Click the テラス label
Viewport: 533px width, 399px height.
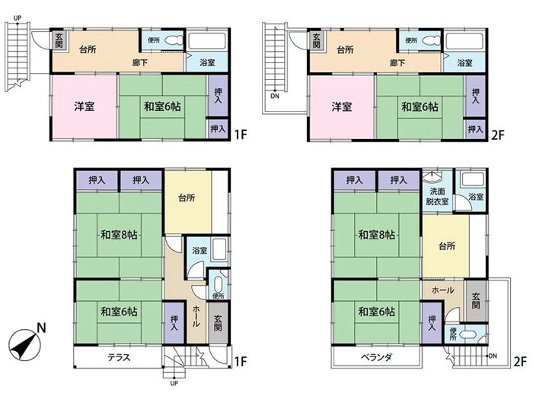[119, 357]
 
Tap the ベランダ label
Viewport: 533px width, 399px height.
[376, 357]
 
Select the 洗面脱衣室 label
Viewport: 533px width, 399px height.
[437, 196]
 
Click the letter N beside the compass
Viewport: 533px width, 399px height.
[41, 328]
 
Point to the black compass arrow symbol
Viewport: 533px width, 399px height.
[23, 346]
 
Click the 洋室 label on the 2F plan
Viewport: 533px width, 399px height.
[341, 107]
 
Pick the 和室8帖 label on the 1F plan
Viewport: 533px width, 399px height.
[119, 234]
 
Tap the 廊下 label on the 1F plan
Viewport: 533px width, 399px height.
[140, 63]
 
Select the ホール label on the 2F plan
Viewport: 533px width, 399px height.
[442, 290]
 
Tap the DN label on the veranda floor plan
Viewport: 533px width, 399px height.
[493, 356]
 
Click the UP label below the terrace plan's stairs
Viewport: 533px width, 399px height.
[174, 384]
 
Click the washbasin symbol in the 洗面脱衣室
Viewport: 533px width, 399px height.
[432, 177]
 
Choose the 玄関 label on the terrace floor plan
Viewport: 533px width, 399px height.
[218, 323]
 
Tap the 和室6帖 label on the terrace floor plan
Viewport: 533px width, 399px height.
[119, 312]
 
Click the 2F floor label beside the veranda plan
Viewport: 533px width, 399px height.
[519, 361]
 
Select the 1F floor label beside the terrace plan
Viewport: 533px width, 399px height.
[240, 361]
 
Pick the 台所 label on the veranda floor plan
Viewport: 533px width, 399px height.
[447, 245]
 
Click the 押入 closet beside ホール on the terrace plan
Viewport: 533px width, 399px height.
[174, 323]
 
